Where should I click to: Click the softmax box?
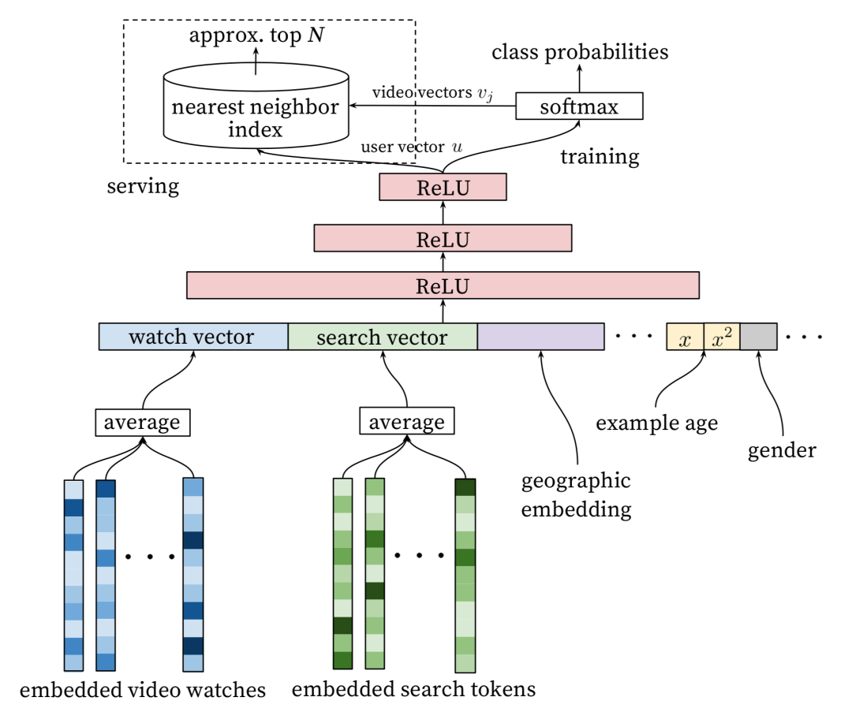pyautogui.click(x=579, y=106)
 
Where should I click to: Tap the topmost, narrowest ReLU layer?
pyautogui.click(x=442, y=187)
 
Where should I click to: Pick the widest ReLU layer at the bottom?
pyautogui.click(x=443, y=285)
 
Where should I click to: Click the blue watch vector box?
pyautogui.click(x=192, y=337)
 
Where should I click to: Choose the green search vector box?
pyautogui.click(x=382, y=337)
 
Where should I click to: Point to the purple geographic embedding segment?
pyautogui.click(x=540, y=337)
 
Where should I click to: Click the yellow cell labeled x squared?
pyautogui.click(x=721, y=337)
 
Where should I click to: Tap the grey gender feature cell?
pyautogui.click(x=758, y=337)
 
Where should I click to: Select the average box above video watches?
pyautogui.click(x=142, y=422)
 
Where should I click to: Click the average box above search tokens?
pyautogui.click(x=406, y=422)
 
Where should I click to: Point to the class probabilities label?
pyautogui.click(x=580, y=53)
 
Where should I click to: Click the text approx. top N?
pyautogui.click(x=256, y=37)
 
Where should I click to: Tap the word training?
pyautogui.click(x=600, y=156)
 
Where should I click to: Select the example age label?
pyautogui.click(x=656, y=423)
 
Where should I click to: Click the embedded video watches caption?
pyautogui.click(x=142, y=691)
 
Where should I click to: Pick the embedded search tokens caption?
pyautogui.click(x=413, y=689)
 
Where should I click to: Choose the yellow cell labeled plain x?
pyautogui.click(x=685, y=337)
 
